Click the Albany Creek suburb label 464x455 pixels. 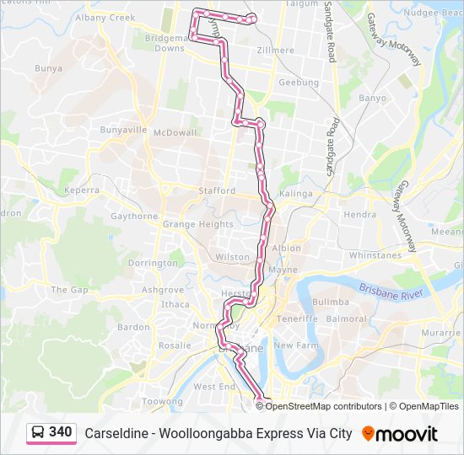tap(105, 17)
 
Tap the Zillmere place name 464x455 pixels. tap(276, 51)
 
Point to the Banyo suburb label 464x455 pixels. tap(372, 99)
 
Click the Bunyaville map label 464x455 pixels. tap(123, 131)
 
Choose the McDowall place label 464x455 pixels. tap(175, 132)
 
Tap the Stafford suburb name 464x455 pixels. tap(217, 191)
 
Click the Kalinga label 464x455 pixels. tap(296, 194)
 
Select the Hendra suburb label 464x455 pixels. tap(359, 215)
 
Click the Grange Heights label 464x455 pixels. tap(197, 225)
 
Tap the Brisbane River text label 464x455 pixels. tap(389, 289)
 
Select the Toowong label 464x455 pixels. tap(161, 402)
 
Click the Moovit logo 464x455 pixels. tap(399, 434)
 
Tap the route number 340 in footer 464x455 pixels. tap(60, 433)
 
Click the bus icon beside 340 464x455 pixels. tap(38, 433)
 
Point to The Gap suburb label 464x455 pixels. tap(69, 290)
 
